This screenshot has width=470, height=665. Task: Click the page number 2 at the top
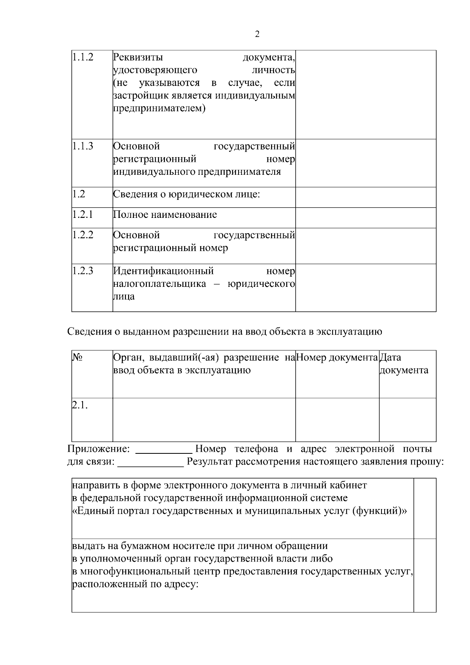[257, 34]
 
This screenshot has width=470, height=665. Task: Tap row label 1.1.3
[83, 147]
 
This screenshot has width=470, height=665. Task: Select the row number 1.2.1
[83, 215]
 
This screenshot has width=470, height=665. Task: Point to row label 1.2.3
[83, 271]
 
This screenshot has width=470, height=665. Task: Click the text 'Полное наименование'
[165, 215]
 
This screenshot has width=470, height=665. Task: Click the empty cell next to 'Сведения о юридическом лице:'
[365, 197]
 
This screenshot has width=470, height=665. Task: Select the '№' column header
[77, 357]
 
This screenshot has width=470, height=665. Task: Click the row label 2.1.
[80, 406]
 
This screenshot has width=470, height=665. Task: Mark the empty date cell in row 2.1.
[407, 420]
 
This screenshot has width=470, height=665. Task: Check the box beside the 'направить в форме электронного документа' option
[425, 508]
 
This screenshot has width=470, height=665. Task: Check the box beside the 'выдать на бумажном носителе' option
[425, 575]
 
